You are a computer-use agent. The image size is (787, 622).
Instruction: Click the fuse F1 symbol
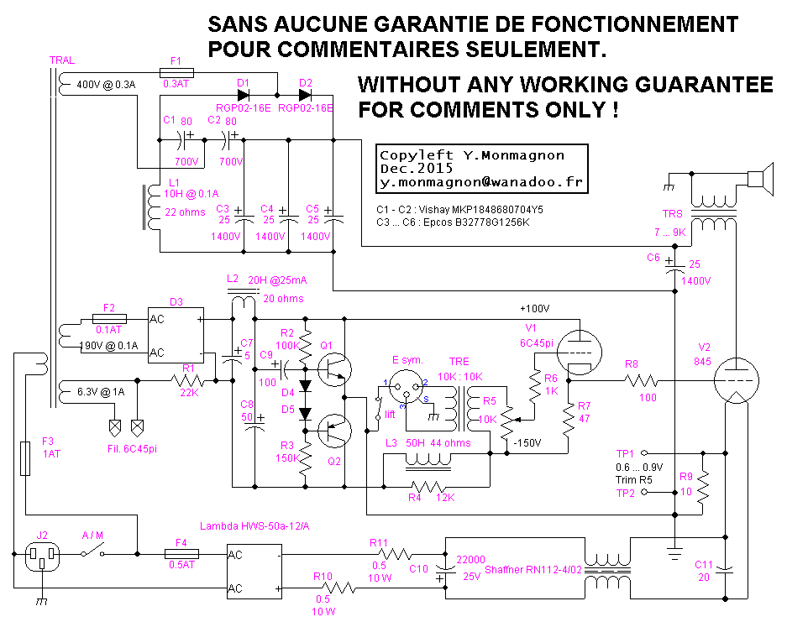tap(176, 73)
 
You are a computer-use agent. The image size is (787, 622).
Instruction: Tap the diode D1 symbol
tap(244, 95)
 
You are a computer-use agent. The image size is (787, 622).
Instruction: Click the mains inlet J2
tap(40, 554)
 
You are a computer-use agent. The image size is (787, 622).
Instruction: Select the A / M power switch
tap(94, 552)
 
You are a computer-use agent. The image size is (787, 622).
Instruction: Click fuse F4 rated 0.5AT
tap(181, 554)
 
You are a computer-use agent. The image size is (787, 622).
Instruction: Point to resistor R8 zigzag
tap(647, 380)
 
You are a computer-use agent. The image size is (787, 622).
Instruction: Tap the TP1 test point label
tap(626, 452)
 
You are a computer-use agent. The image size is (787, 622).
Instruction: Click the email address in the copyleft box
tap(481, 181)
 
